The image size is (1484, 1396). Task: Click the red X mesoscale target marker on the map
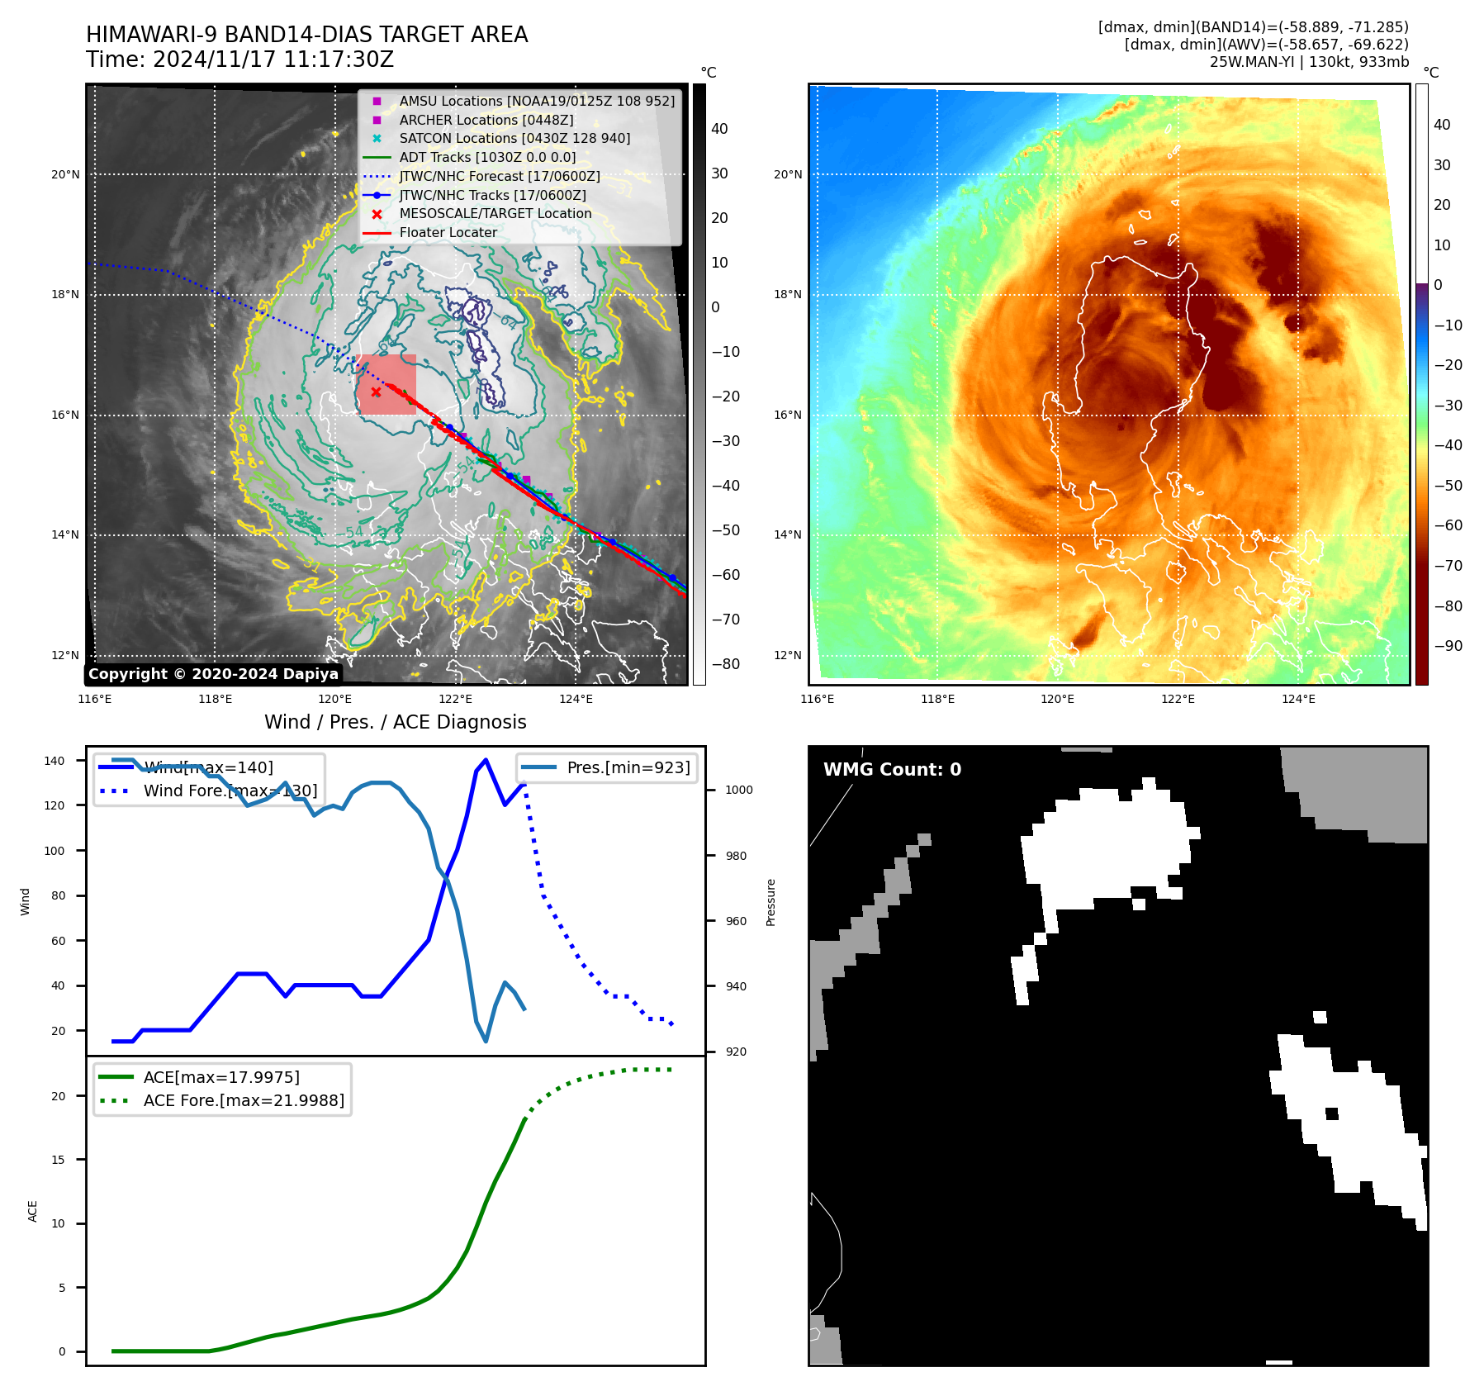(376, 392)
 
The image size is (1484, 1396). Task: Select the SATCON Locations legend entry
(514, 139)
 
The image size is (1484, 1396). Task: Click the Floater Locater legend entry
(448, 233)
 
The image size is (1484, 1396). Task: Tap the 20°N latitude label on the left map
(65, 174)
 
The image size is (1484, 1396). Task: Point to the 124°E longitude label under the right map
(1298, 699)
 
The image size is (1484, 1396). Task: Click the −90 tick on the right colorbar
(1448, 646)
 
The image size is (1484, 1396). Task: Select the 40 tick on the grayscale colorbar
(719, 129)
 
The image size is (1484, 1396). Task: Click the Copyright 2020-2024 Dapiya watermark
(213, 674)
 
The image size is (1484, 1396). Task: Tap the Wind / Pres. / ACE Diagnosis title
(395, 722)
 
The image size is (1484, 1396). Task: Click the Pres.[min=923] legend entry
(628, 767)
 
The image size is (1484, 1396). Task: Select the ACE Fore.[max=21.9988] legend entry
(244, 1100)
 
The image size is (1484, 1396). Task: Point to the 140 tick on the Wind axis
(55, 761)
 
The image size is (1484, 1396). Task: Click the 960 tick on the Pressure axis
(736, 921)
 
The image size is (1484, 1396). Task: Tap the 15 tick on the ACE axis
(58, 1160)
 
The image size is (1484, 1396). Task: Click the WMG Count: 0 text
(892, 770)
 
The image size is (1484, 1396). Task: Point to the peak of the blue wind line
(486, 760)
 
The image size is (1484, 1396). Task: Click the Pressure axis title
(770, 902)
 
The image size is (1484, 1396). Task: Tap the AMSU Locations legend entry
(536, 101)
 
